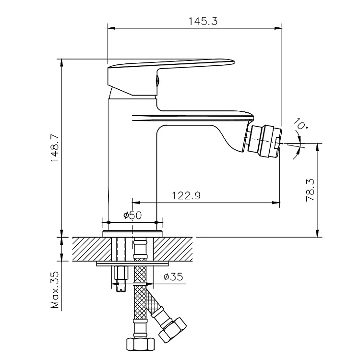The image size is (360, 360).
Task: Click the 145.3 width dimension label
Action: [x=203, y=21]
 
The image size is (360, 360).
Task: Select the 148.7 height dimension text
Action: [x=55, y=148]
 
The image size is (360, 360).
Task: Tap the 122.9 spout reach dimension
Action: [x=186, y=196]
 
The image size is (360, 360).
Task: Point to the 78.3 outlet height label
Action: [x=310, y=190]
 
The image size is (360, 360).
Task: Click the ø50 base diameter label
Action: [x=132, y=216]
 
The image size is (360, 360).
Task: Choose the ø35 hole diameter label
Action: [x=173, y=277]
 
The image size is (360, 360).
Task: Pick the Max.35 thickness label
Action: [x=55, y=290]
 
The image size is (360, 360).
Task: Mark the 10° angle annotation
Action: [x=301, y=124]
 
